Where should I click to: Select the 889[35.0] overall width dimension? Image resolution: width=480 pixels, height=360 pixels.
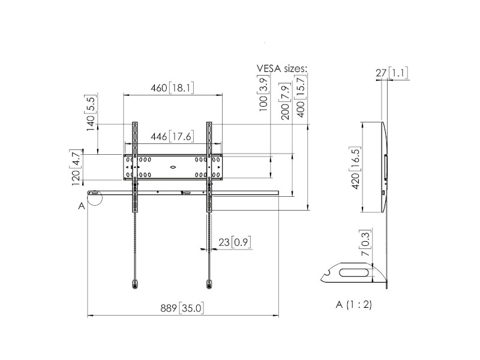click(183, 308)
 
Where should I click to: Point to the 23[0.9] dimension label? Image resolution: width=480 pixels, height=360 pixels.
click(234, 242)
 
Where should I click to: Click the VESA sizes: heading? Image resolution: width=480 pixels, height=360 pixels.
click(282, 69)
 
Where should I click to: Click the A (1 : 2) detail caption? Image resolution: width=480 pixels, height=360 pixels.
click(354, 304)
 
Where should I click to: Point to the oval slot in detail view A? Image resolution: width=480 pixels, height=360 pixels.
click(354, 273)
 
